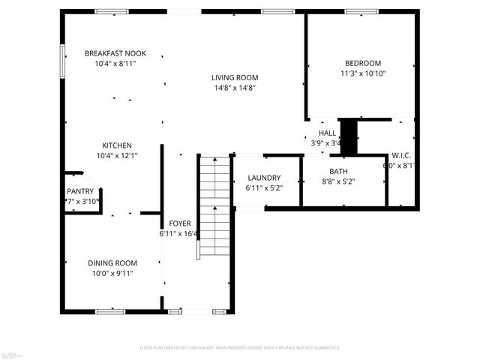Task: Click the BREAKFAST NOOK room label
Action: pyautogui.click(x=115, y=53)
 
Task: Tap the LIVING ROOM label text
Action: pyautogui.click(x=234, y=77)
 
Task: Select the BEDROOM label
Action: pyautogui.click(x=362, y=63)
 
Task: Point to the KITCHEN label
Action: pyautogui.click(x=117, y=145)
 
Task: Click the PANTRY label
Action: pyautogui.click(x=80, y=191)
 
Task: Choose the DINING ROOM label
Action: pyautogui.click(x=112, y=262)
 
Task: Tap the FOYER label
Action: pyautogui.click(x=179, y=223)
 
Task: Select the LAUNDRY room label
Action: pyautogui.click(x=263, y=178)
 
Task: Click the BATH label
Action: pyautogui.click(x=337, y=171)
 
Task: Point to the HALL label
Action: pyautogui.click(x=327, y=133)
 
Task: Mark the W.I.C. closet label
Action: pyautogui.click(x=400, y=155)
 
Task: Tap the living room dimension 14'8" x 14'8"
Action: pyautogui.click(x=234, y=88)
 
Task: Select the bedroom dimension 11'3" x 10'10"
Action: pyautogui.click(x=362, y=73)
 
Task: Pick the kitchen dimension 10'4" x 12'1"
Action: pyautogui.click(x=117, y=155)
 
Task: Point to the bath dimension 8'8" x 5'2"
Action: pyautogui.click(x=337, y=181)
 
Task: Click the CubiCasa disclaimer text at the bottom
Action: pyautogui.click(x=240, y=348)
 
